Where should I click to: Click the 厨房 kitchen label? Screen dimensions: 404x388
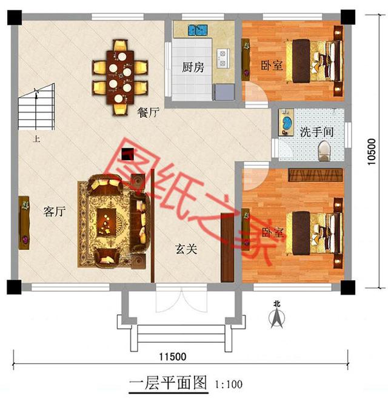[193, 67]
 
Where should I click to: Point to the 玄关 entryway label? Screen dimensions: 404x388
[186, 248]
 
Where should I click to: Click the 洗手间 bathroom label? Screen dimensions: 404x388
[314, 131]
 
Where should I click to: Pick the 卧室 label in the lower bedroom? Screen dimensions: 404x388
[272, 233]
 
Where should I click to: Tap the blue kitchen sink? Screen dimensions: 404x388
[196, 29]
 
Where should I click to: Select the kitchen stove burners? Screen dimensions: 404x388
[222, 57]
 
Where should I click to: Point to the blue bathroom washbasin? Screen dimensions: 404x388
[284, 123]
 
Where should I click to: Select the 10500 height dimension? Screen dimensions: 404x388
[372, 152]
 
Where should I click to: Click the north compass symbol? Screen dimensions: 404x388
[276, 315]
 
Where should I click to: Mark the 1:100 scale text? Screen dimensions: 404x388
[229, 384]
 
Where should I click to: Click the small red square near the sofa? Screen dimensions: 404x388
[127, 155]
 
